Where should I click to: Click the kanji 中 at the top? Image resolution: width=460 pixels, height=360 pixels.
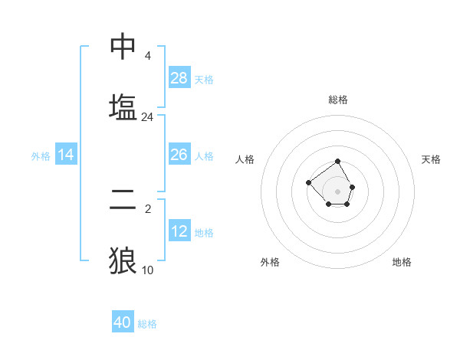123,46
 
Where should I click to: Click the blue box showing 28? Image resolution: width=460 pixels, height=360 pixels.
179,78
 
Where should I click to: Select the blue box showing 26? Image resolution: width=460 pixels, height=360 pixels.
179,155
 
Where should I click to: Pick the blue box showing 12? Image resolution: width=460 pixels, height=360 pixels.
179,231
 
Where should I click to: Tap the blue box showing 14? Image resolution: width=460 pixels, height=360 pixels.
66,155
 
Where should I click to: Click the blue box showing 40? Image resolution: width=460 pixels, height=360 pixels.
123,322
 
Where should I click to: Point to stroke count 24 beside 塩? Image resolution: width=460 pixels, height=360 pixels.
147,117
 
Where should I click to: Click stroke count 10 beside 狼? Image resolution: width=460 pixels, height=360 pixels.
147,270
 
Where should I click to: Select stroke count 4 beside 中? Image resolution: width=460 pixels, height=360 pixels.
147,56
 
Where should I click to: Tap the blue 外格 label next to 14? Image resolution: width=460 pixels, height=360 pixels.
41,155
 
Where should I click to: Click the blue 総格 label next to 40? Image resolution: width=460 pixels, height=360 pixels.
147,324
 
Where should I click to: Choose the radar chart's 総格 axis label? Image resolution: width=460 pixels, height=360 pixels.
338,100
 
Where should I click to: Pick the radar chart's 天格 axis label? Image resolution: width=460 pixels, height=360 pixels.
431,159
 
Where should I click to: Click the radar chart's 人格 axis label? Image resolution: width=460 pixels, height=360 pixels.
245,159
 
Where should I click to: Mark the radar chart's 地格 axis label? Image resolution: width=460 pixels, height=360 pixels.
402,262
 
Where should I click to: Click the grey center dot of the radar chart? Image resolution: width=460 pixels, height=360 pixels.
338,191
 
